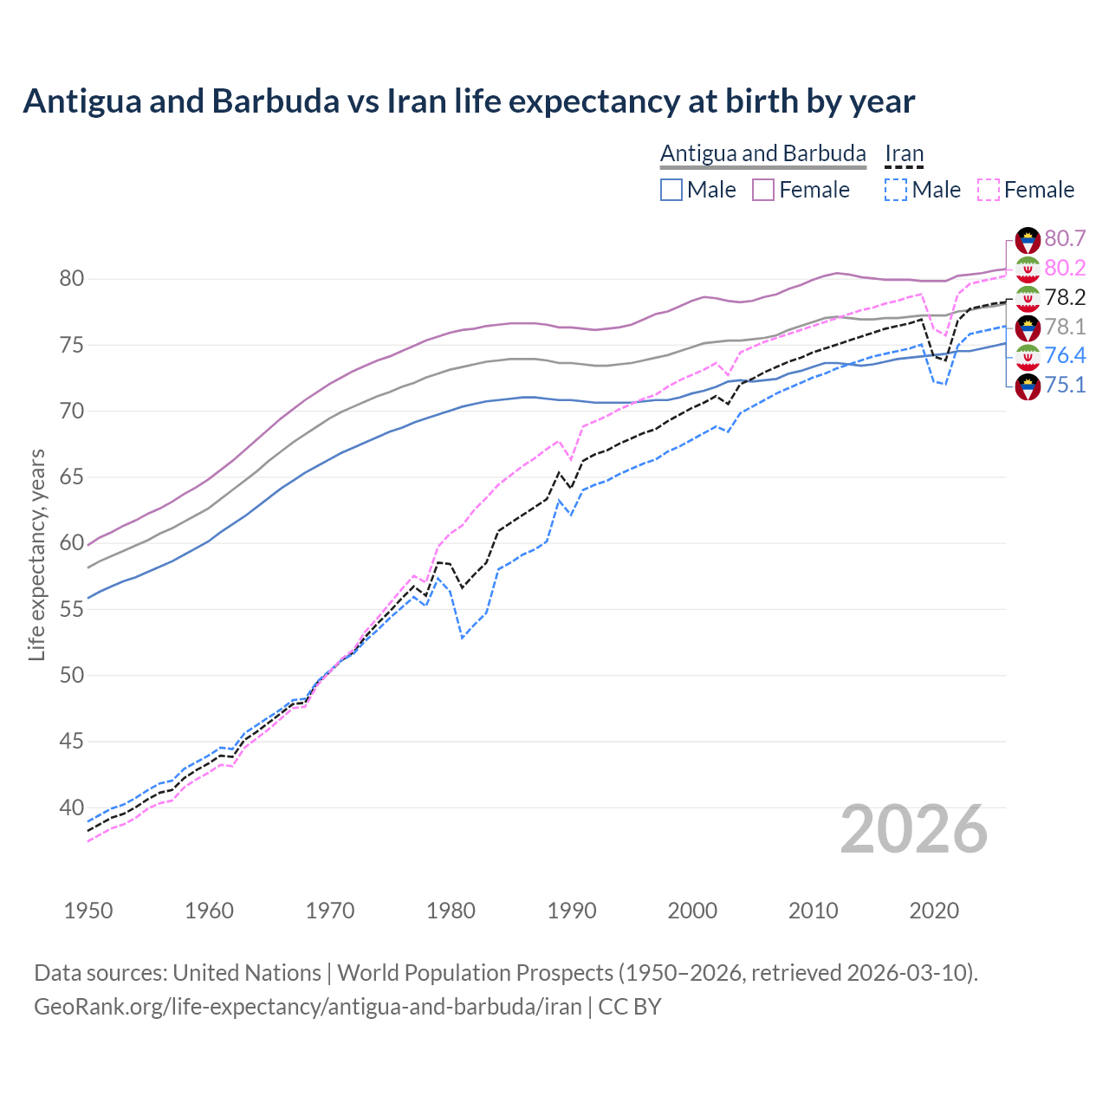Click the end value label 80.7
(1065, 238)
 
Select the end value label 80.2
(1065, 268)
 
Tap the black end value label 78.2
(1065, 297)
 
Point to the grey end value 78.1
(1065, 327)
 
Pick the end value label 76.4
(1065, 355)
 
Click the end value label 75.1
(1065, 385)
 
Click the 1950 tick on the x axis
(88, 911)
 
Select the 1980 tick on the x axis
(451, 911)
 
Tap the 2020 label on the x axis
(934, 911)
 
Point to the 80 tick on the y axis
(71, 279)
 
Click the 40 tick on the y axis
(71, 807)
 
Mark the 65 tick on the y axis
(71, 477)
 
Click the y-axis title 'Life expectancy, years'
(36, 554)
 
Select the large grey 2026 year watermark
(913, 829)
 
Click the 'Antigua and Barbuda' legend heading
(762, 153)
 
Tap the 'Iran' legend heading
(904, 153)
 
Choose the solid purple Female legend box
(762, 190)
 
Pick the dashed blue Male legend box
(896, 190)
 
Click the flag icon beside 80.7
(1028, 240)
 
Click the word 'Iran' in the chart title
(417, 101)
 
